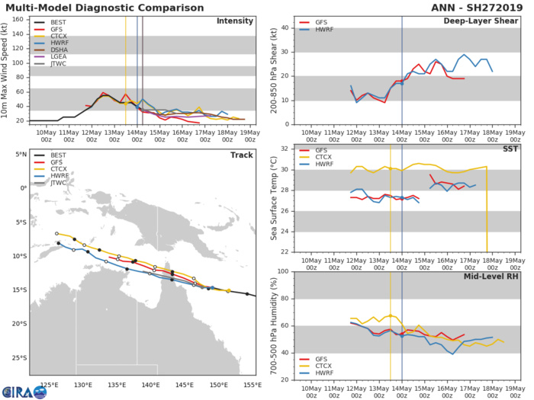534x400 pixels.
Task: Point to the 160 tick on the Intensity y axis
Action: pyautogui.click(x=20, y=19)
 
